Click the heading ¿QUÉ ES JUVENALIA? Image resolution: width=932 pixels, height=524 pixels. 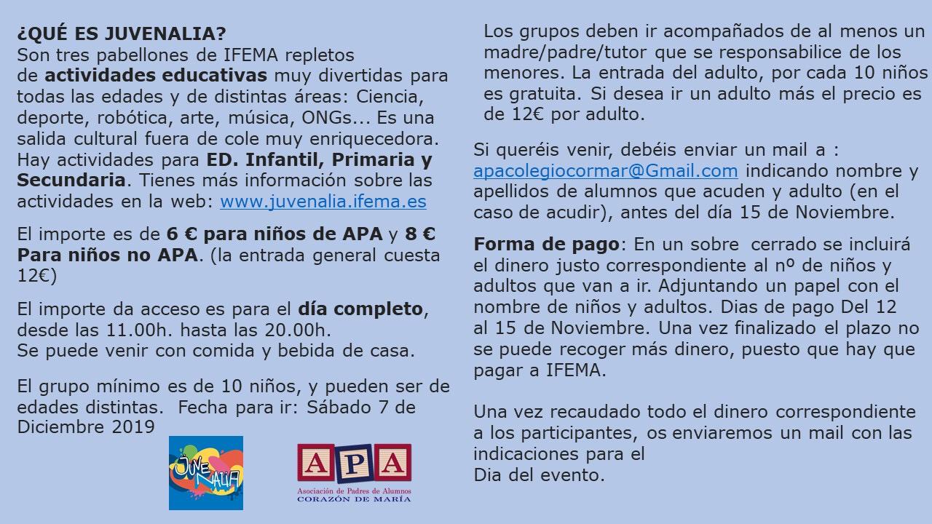click(x=121, y=34)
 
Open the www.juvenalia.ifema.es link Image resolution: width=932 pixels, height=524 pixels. click(x=323, y=201)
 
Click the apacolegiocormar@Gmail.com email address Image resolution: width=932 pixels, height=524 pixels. click(x=605, y=171)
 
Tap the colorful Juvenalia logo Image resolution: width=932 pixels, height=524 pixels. click(x=206, y=472)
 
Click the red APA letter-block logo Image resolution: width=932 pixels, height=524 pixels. click(x=354, y=463)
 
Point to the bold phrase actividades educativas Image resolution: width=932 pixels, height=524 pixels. click(x=156, y=75)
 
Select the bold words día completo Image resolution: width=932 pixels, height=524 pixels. click(x=360, y=309)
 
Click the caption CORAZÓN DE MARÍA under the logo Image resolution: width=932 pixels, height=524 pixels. click(x=354, y=499)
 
